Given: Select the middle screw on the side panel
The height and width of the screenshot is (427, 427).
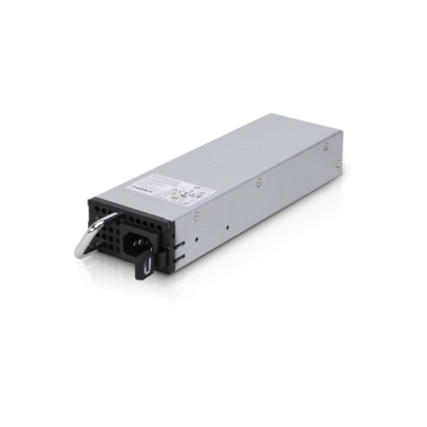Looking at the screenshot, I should coord(261,181).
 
